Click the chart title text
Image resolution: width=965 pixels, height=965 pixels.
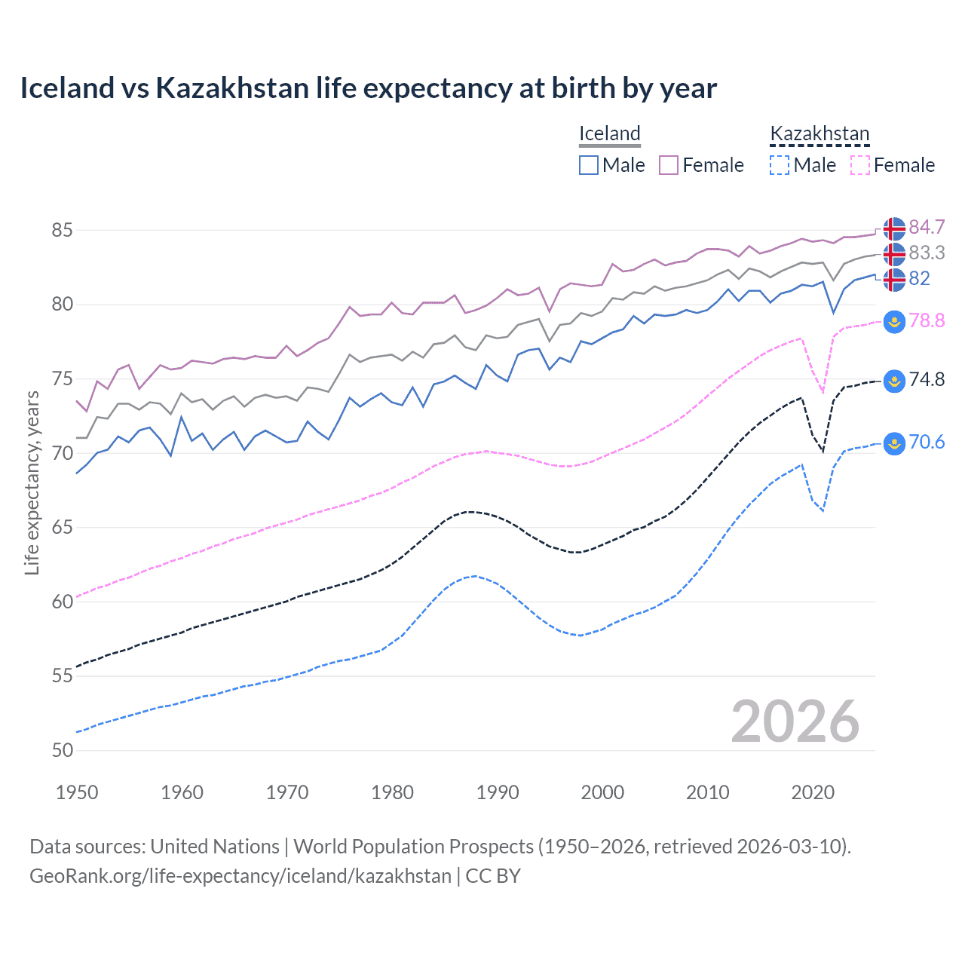coord(368,88)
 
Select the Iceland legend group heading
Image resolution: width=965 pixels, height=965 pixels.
coord(609,133)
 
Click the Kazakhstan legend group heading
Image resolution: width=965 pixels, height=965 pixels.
coord(819,133)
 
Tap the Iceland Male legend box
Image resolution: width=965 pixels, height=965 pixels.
coord(589,165)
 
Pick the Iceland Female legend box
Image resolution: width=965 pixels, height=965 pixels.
coord(669,165)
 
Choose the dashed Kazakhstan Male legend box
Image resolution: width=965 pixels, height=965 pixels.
coord(780,165)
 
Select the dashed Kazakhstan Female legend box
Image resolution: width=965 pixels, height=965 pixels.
coord(860,165)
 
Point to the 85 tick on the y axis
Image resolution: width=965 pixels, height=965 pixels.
coord(62,230)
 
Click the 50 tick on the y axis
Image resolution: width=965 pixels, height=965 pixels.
coord(62,750)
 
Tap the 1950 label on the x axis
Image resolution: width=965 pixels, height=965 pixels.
coord(77,792)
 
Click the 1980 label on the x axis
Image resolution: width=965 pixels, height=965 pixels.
coord(392,792)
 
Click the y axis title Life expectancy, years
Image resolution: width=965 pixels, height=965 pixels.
coord(32,482)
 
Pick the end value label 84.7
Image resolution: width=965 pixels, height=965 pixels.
coord(927,227)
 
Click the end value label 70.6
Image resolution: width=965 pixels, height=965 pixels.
coord(927,442)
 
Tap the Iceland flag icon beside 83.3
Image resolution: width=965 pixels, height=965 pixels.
coord(894,253)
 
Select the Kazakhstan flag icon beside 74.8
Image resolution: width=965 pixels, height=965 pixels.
coord(894,381)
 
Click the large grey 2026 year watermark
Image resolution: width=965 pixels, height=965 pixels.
coord(795,721)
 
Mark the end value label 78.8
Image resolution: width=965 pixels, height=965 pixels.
coord(927,320)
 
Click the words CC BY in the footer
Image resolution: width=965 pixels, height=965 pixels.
coord(493,876)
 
